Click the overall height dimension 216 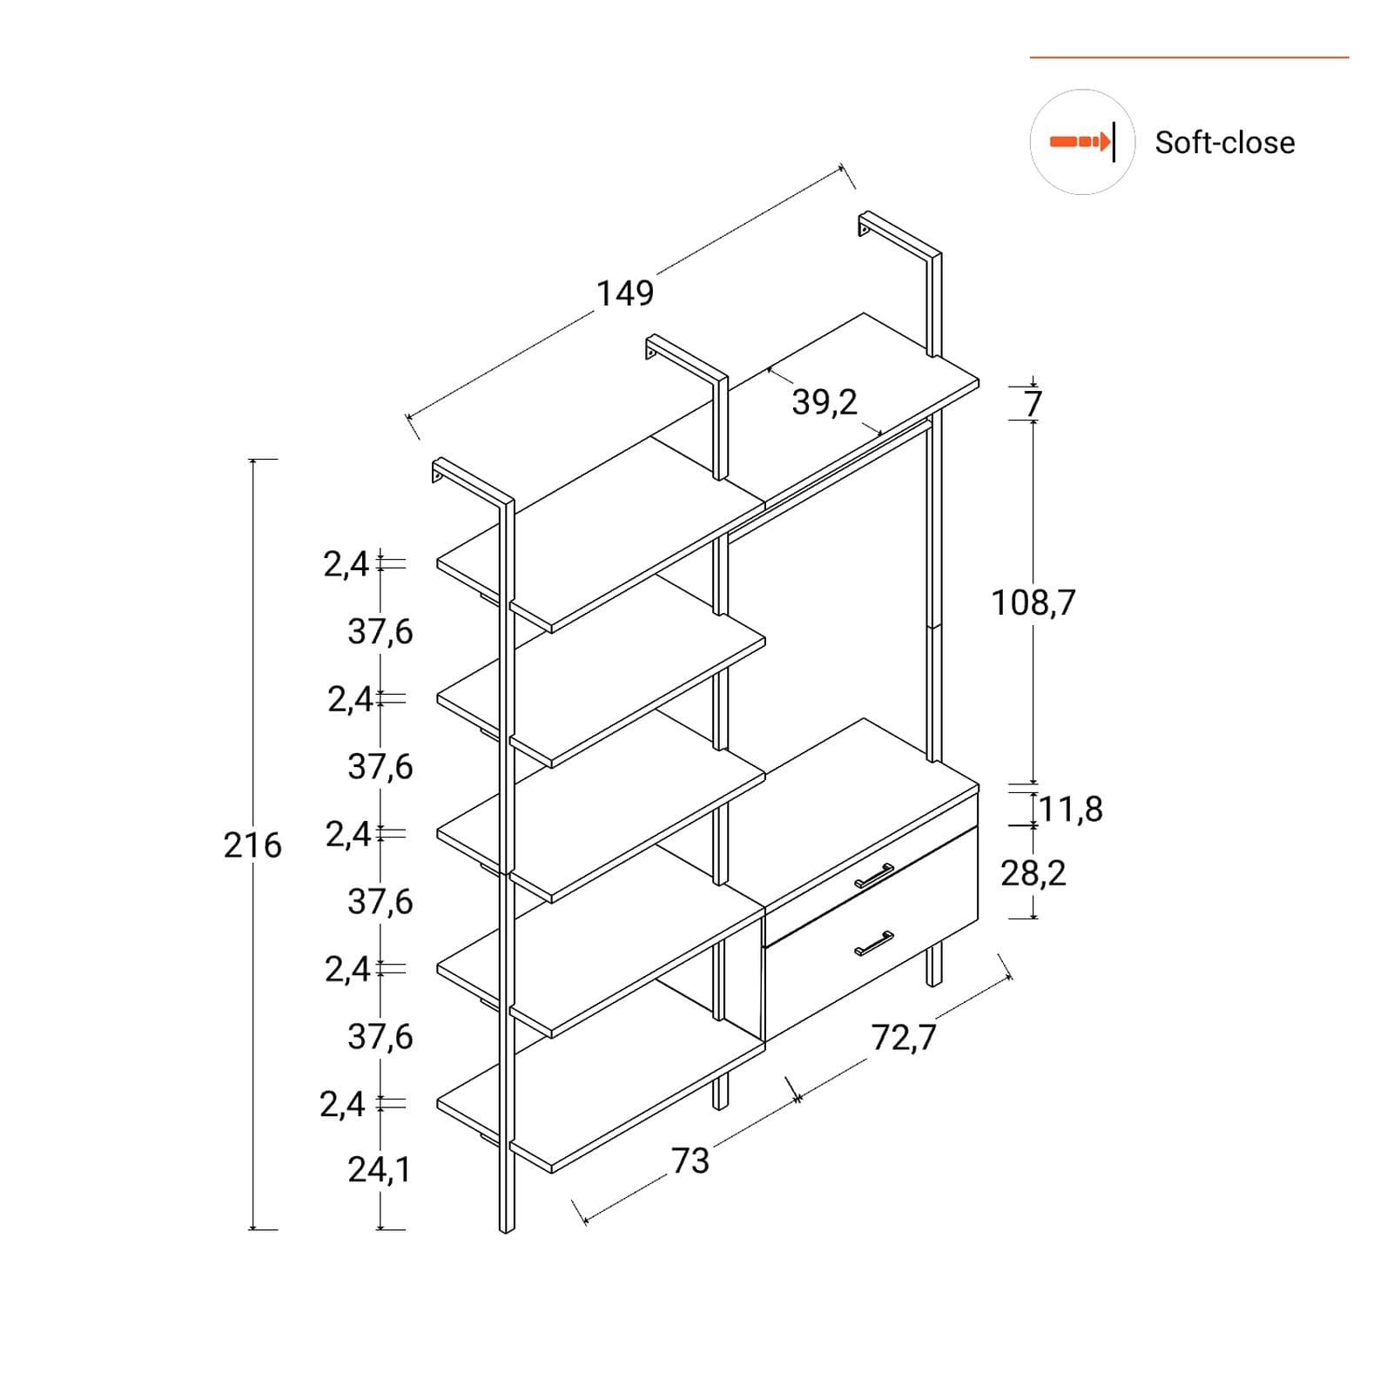point(252,845)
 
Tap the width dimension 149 point(625,293)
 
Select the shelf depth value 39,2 point(824,402)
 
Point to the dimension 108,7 point(1033,602)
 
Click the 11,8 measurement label point(1071,809)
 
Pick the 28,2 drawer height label point(1033,872)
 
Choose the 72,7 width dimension point(904,1037)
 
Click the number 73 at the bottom point(690,1161)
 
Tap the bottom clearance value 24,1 point(380,1169)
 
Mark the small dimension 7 point(1033,404)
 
